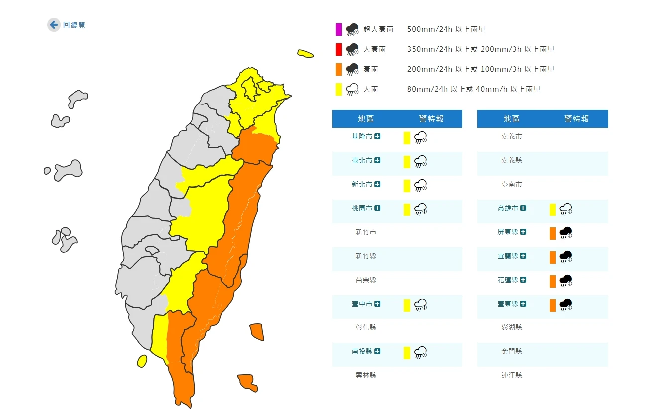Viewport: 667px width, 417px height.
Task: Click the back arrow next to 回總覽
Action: point(54,25)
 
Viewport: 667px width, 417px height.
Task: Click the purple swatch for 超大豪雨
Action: point(339,29)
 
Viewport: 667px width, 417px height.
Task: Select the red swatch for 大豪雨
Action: point(339,49)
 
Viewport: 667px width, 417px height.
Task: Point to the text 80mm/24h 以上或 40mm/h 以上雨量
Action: point(473,89)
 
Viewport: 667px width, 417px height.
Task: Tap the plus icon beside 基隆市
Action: point(378,136)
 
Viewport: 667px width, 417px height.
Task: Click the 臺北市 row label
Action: point(362,160)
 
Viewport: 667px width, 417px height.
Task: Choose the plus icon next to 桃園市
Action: point(378,208)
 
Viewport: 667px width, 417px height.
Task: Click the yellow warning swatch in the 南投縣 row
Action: point(407,353)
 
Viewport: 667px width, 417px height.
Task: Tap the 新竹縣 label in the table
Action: point(366,256)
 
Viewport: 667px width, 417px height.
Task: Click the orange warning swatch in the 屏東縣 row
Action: point(553,233)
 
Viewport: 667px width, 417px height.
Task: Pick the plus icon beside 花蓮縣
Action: point(523,280)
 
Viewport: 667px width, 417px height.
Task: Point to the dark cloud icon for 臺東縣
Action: point(566,304)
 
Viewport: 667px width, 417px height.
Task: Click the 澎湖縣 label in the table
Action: point(512,327)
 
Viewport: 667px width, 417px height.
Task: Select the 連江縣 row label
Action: point(512,375)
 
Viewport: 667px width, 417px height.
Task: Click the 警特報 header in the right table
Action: point(576,119)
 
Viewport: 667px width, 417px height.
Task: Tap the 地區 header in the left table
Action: point(366,119)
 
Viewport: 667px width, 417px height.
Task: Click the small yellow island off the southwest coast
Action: point(142,361)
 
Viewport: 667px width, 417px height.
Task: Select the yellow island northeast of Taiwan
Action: point(305,54)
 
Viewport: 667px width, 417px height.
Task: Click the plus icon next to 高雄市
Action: point(523,208)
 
